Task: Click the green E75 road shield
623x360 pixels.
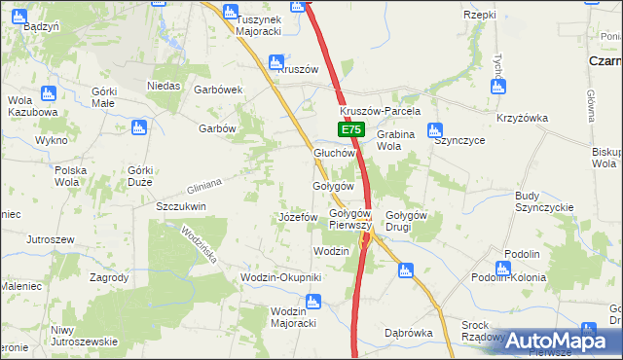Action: click(x=351, y=129)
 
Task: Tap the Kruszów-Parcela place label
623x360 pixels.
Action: click(x=380, y=111)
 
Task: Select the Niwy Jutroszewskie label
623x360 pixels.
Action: click(x=85, y=336)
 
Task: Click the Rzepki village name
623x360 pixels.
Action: click(x=481, y=15)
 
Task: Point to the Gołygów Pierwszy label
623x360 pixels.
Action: click(x=350, y=219)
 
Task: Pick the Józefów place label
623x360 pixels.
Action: click(x=298, y=216)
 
